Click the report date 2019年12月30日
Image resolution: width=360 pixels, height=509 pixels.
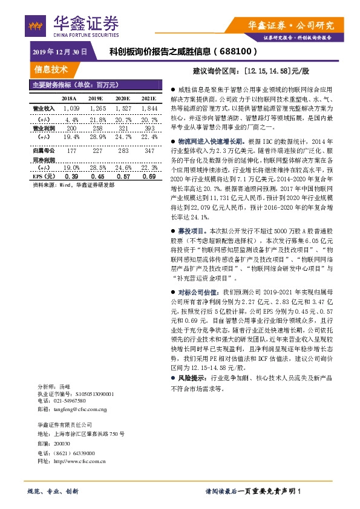click(x=59, y=53)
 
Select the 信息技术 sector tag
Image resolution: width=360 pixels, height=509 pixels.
click(x=51, y=69)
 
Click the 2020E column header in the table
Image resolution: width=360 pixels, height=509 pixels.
click(x=122, y=98)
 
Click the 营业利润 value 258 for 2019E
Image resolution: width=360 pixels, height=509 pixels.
click(x=96, y=129)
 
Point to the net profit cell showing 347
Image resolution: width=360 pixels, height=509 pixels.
click(x=149, y=149)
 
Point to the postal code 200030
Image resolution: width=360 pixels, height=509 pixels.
click(x=62, y=444)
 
